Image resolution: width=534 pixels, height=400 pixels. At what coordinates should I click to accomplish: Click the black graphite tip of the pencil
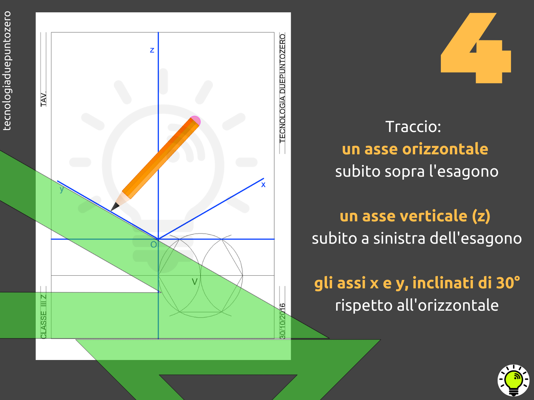coord(114,207)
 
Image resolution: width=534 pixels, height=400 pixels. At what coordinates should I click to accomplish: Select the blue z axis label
coord(152,50)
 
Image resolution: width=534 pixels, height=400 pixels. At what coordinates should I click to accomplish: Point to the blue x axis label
coord(263,185)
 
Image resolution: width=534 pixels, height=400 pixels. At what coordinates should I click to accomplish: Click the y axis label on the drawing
coord(62,189)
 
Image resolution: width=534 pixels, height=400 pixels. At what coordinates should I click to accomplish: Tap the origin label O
coord(154,245)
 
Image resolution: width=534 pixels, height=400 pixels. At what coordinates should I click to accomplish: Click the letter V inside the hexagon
coord(195,281)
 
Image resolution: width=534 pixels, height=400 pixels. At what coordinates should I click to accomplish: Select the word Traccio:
coord(413,127)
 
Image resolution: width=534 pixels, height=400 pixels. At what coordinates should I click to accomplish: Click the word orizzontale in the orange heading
coord(445,149)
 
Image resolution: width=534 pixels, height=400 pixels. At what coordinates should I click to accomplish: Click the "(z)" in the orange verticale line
coord(481,216)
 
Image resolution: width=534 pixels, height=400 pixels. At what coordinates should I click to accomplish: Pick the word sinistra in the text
coord(400,238)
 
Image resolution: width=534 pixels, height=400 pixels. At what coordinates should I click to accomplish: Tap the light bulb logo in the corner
coord(513,380)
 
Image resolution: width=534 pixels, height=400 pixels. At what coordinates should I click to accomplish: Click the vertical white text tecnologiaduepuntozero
coord(7,71)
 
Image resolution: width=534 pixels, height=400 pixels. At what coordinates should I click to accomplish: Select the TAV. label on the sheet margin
coord(43,99)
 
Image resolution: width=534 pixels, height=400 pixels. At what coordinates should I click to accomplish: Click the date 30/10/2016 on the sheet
coord(282,321)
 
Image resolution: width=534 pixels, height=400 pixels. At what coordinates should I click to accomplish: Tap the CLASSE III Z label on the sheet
coord(43,316)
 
